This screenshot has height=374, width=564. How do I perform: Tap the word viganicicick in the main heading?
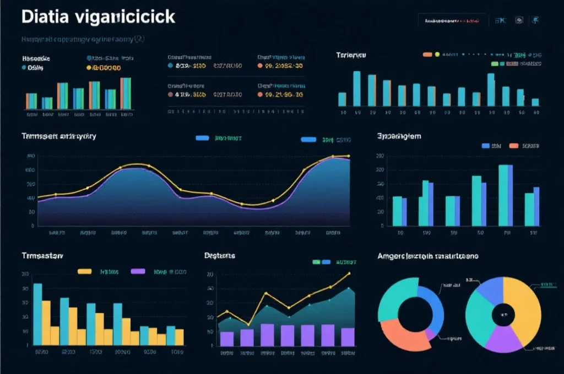[127, 17]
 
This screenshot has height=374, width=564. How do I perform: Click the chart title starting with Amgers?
[427, 257]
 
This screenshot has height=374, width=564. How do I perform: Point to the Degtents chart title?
[220, 256]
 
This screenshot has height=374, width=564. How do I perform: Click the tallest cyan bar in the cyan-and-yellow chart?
[37, 314]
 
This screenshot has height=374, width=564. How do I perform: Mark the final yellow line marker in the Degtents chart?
[348, 273]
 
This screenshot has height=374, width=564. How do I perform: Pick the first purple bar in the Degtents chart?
[227, 338]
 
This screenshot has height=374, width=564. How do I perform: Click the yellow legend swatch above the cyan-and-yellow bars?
[84, 271]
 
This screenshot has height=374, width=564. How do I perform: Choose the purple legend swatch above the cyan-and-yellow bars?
[138, 271]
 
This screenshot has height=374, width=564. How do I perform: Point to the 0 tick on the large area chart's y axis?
[32, 226]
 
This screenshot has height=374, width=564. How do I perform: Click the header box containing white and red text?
[452, 21]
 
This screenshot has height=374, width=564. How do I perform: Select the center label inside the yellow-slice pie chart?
[502, 314]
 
